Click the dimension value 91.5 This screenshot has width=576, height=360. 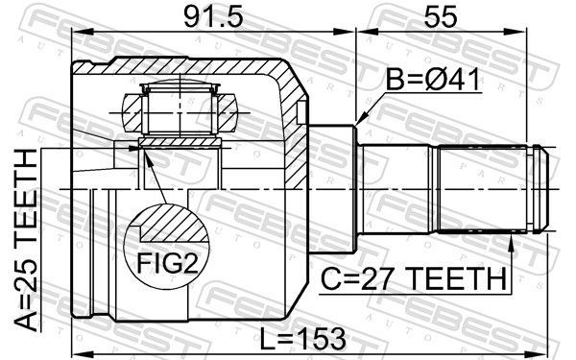click(x=213, y=17)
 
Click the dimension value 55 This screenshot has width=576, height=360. click(x=441, y=17)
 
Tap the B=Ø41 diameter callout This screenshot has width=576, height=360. click(x=433, y=80)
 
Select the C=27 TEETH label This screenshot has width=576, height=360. click(x=414, y=278)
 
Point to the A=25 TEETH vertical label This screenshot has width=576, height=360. click(x=26, y=240)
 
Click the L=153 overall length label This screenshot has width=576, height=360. click(x=303, y=338)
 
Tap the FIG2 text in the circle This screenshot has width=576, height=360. click(x=167, y=263)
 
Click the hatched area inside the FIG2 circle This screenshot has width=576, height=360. click(x=173, y=224)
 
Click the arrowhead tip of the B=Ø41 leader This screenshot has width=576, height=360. click(x=357, y=123)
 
